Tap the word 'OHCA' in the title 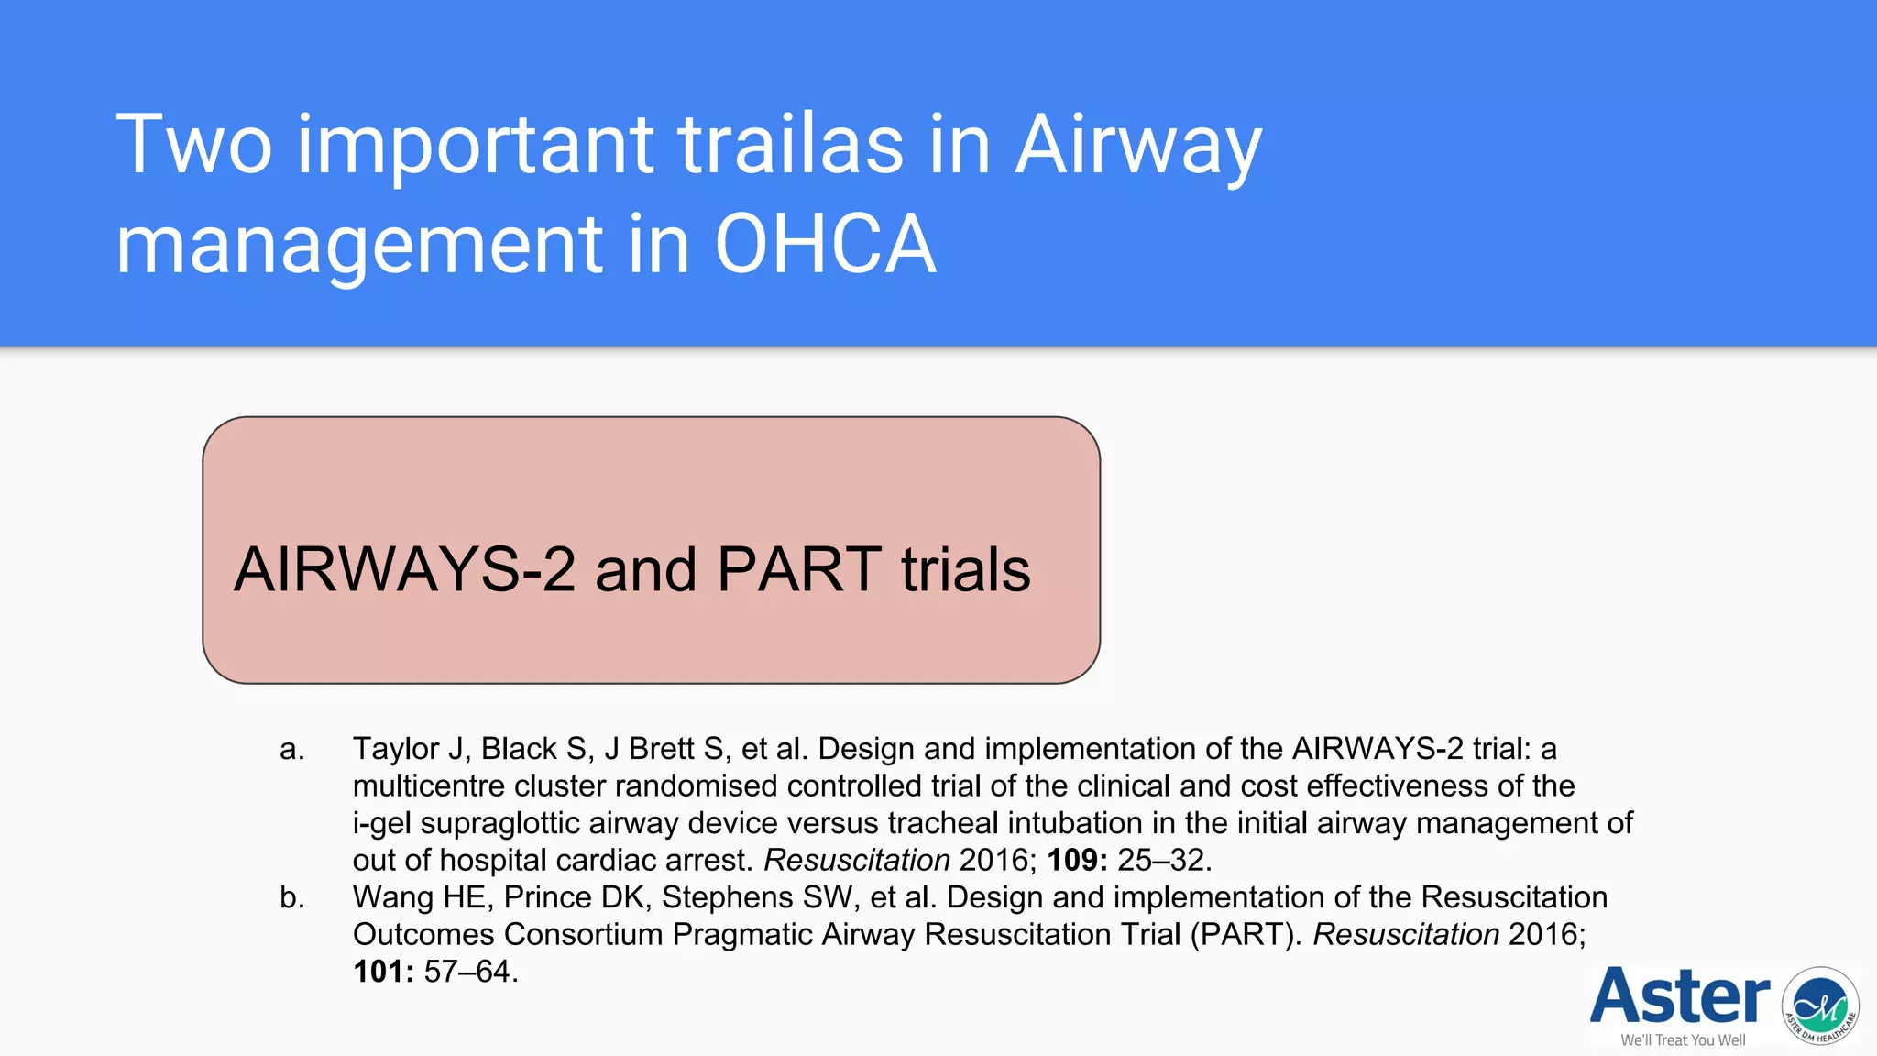pyautogui.click(x=825, y=245)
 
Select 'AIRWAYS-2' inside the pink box pyautogui.click(x=404, y=569)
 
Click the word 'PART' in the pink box pyautogui.click(x=798, y=569)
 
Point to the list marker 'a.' pyautogui.click(x=291, y=749)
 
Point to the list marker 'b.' pyautogui.click(x=291, y=897)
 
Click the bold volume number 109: pyautogui.click(x=1077, y=860)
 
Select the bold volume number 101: pyautogui.click(x=383, y=972)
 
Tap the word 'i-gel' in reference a pyautogui.click(x=381, y=823)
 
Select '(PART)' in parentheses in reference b pyautogui.click(x=1246, y=934)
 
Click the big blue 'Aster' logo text pyautogui.click(x=1679, y=996)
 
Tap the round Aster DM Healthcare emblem pyautogui.click(x=1819, y=1006)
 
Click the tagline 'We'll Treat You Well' pyautogui.click(x=1683, y=1040)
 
